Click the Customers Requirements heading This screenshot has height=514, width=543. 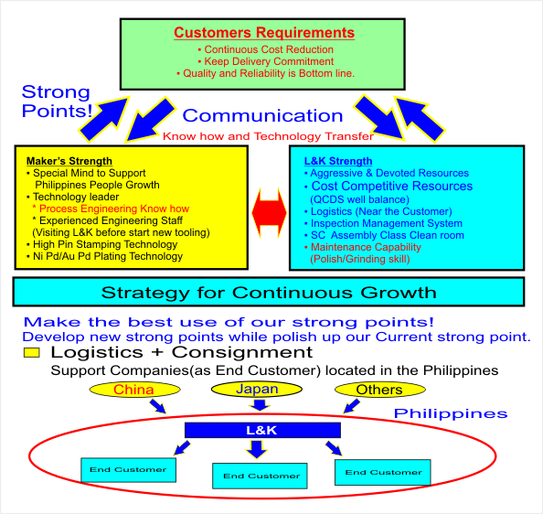pyautogui.click(x=264, y=33)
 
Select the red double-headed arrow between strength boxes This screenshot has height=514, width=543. pyautogui.click(x=269, y=213)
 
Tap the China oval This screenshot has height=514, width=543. pyautogui.click(x=134, y=390)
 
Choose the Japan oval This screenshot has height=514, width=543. pyautogui.click(x=257, y=389)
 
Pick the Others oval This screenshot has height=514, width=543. pyautogui.click(x=380, y=390)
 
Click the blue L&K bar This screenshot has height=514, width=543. pyautogui.click(x=262, y=430)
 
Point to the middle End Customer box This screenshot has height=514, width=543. pyautogui.click(x=260, y=476)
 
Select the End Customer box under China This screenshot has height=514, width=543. pyautogui.click(x=129, y=470)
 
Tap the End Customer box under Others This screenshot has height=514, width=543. pyautogui.click(x=383, y=472)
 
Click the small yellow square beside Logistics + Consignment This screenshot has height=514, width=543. pyautogui.click(x=31, y=353)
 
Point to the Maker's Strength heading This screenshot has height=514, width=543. pyautogui.click(x=69, y=161)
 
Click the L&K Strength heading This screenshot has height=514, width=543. pyautogui.click(x=338, y=161)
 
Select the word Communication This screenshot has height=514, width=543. pyautogui.click(x=262, y=115)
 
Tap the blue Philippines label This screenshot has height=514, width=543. pyautogui.click(x=451, y=413)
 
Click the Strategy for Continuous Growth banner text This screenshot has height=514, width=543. pyautogui.click(x=269, y=293)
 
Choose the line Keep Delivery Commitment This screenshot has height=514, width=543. pyautogui.click(x=266, y=61)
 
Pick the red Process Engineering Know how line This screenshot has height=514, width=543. pyautogui.click(x=111, y=209)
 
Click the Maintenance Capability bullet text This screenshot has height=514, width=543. pyautogui.click(x=363, y=247)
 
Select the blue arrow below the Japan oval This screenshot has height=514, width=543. pyautogui.click(x=259, y=405)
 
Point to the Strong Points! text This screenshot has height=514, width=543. pyautogui.click(x=58, y=102)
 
